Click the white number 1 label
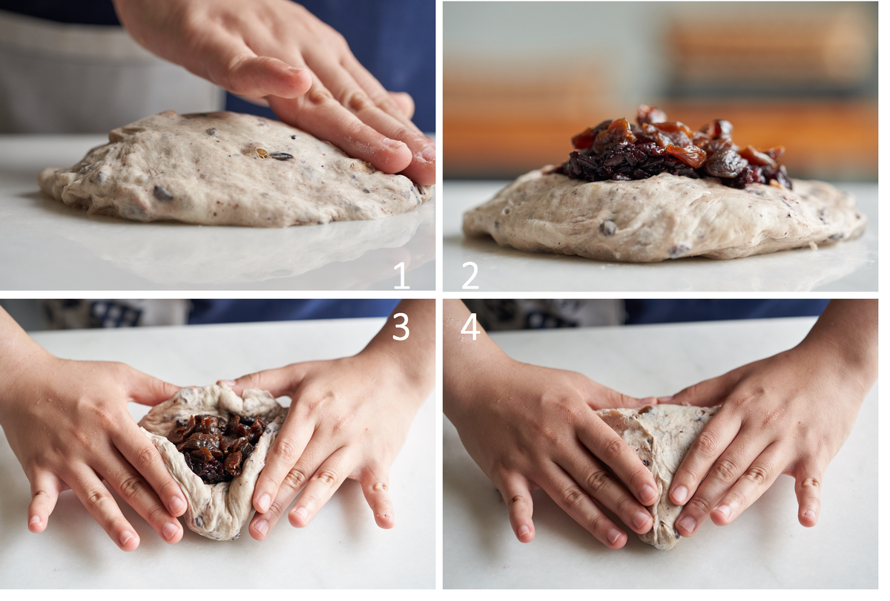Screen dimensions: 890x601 401,275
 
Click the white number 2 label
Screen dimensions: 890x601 470,275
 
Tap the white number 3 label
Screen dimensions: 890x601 400,326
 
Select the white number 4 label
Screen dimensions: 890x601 470,326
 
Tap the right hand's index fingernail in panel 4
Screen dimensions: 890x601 680,494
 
